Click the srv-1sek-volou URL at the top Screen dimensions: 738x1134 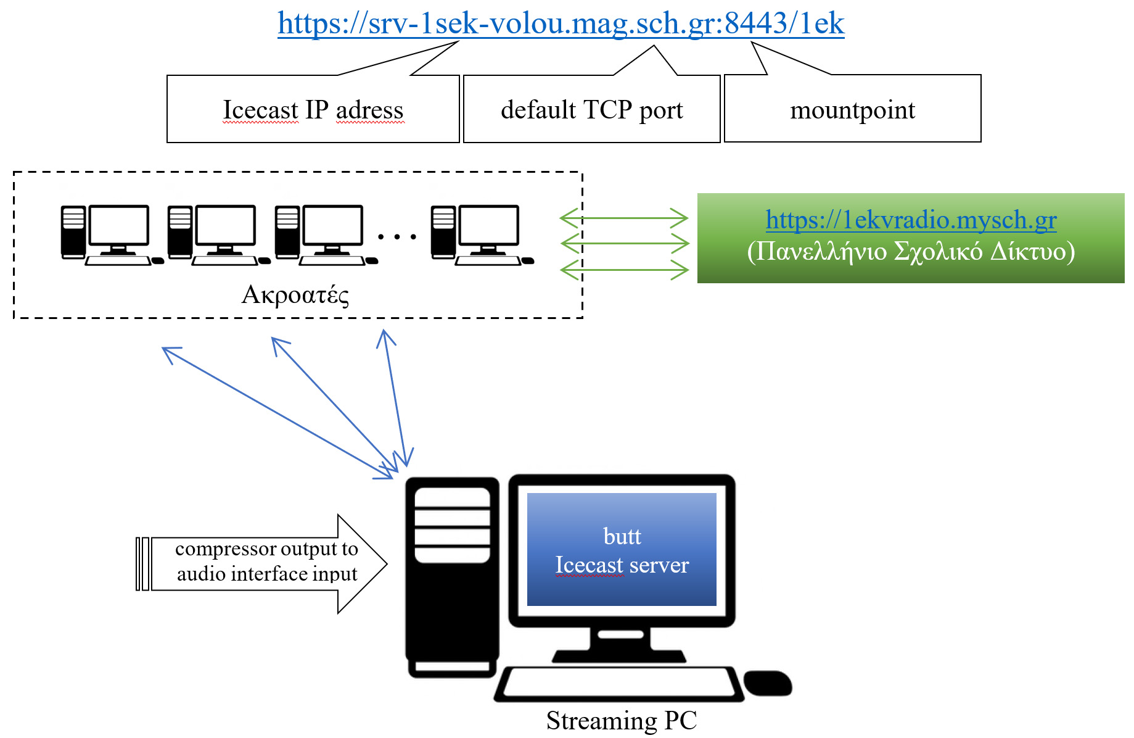pos(560,23)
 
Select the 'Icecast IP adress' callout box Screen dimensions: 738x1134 pos(313,110)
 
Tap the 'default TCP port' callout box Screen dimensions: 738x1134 pos(591,110)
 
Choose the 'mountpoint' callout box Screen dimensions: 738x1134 pos(852,110)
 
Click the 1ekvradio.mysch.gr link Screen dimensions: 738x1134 pos(911,220)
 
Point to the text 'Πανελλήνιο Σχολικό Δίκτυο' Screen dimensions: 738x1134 pos(911,252)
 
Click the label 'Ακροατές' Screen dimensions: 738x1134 pos(295,295)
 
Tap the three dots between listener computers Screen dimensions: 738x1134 pos(397,236)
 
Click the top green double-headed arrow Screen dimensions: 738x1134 pos(624,218)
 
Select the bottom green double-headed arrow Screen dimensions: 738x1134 pos(624,270)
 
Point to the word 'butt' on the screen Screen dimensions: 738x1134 pos(622,536)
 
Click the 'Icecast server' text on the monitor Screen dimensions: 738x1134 pos(622,565)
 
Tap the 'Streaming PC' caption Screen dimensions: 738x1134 pos(622,720)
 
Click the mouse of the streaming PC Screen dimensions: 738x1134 pos(768,683)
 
